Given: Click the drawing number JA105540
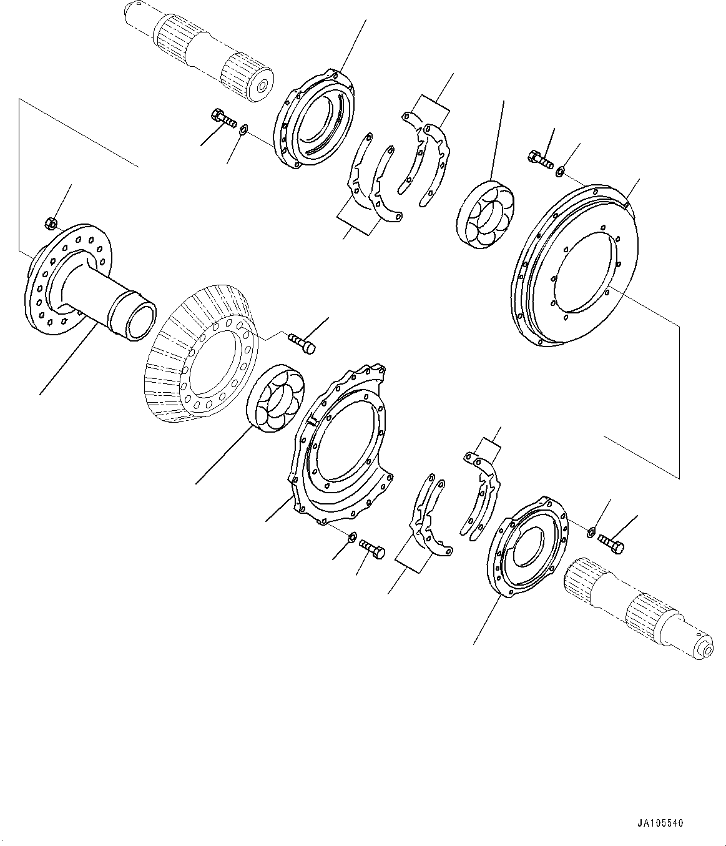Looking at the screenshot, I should pyautogui.click(x=660, y=824).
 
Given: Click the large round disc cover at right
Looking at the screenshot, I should pyautogui.click(x=574, y=262).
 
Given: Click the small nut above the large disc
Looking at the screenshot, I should pyautogui.click(x=561, y=168).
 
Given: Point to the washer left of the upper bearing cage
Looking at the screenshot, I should pyautogui.click(x=243, y=130).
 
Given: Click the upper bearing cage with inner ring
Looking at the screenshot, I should pyautogui.click(x=315, y=120).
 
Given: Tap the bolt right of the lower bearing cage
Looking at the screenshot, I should pyautogui.click(x=611, y=544).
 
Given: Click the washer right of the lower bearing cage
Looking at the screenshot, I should pyautogui.click(x=590, y=532).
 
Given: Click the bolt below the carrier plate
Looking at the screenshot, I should pyautogui.click(x=372, y=549).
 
